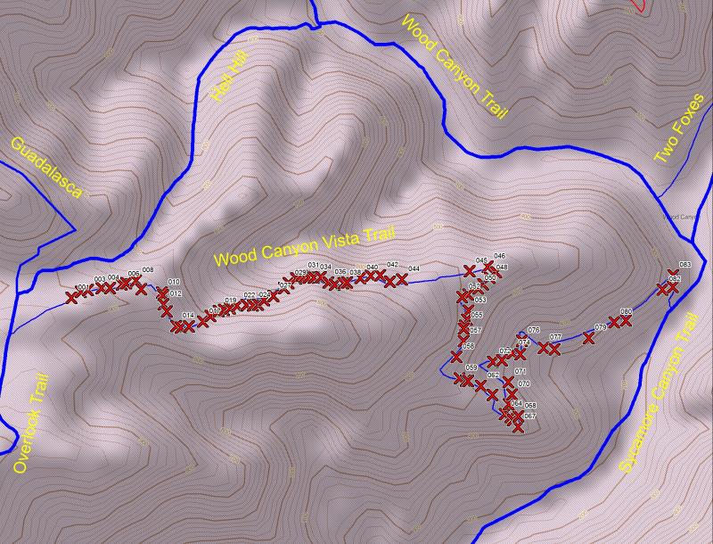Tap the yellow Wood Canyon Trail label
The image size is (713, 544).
click(x=455, y=66)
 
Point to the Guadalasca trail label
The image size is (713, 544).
click(x=46, y=168)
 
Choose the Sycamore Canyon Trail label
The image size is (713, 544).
click(x=656, y=392)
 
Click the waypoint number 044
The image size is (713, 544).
click(x=414, y=268)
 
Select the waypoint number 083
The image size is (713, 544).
click(x=684, y=265)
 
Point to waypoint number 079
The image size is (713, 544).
click(x=600, y=328)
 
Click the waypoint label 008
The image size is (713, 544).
click(x=147, y=270)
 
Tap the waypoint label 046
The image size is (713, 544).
click(x=499, y=256)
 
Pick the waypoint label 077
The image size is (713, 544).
click(x=555, y=337)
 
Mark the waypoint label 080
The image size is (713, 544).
click(x=626, y=311)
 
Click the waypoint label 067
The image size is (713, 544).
click(x=529, y=416)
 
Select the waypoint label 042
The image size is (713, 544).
click(x=392, y=265)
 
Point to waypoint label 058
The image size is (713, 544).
click(x=468, y=346)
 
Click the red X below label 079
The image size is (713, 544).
click(x=588, y=337)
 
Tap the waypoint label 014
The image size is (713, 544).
click(x=188, y=316)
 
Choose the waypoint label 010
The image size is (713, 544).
click(x=174, y=282)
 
